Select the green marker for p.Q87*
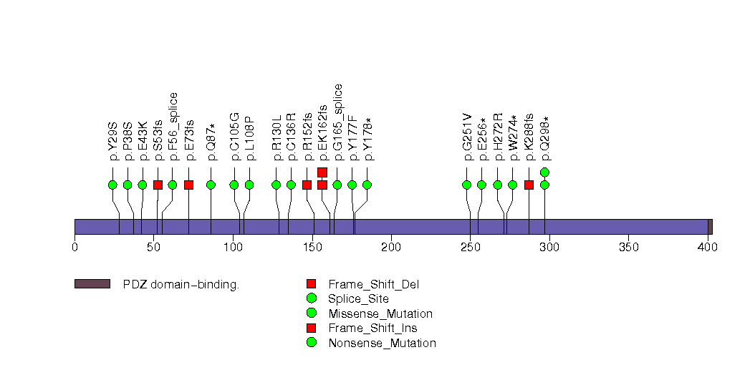(x=211, y=185)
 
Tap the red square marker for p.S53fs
(x=158, y=185)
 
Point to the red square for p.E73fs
(x=188, y=185)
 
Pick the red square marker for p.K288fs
(x=529, y=185)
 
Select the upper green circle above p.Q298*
(x=544, y=172)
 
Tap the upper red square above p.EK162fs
(x=322, y=172)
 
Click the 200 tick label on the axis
(x=391, y=248)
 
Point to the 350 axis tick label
(x=628, y=248)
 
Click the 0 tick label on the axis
(x=74, y=248)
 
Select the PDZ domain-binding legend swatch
(x=92, y=284)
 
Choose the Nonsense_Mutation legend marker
(x=312, y=343)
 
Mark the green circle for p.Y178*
(x=367, y=185)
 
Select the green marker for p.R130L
(x=277, y=185)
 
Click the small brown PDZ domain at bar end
(x=710, y=226)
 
